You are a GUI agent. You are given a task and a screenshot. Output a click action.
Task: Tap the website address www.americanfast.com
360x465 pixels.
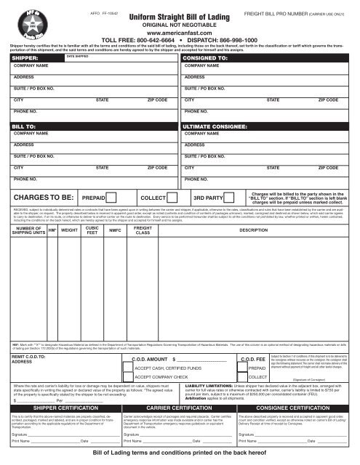point(180,33)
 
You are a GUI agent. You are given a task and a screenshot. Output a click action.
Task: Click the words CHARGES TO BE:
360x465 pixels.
point(41,196)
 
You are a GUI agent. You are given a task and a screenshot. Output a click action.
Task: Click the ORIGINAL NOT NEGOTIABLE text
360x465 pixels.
point(180,25)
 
